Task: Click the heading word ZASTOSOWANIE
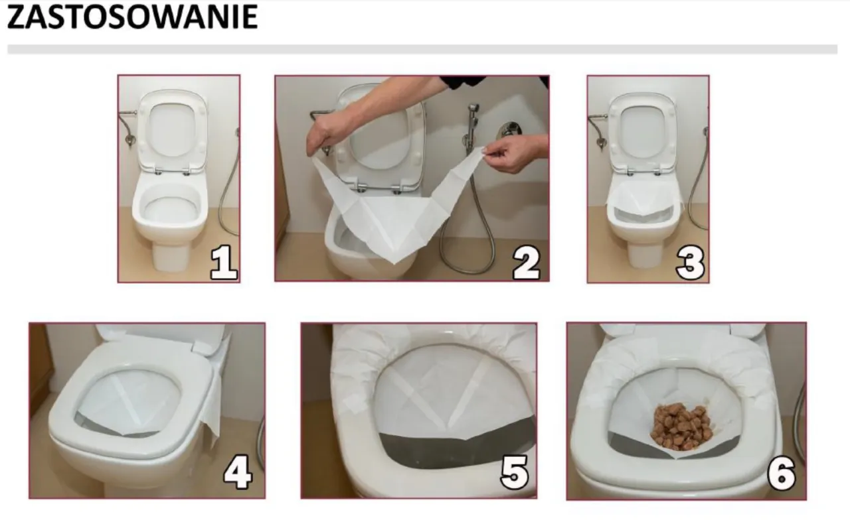132,18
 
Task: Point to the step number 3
690,263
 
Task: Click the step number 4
237,473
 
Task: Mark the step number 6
781,473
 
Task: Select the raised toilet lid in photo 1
171,129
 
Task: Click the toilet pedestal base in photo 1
171,255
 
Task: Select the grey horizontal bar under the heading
422,49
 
